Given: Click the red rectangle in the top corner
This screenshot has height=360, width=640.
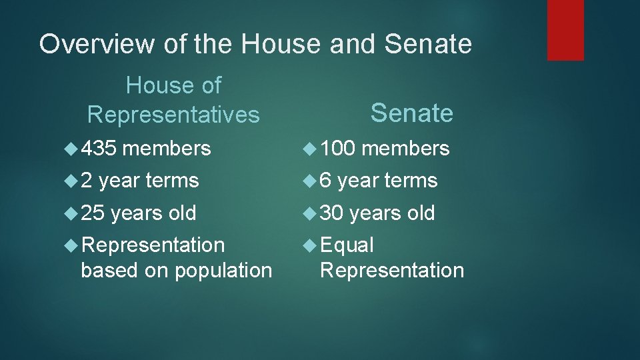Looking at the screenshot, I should click(x=565, y=30).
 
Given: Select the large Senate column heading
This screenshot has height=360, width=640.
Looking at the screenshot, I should click(x=411, y=113).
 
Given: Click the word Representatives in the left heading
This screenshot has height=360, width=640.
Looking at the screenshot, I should click(x=173, y=115).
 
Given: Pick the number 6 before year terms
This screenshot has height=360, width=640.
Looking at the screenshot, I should click(x=327, y=181).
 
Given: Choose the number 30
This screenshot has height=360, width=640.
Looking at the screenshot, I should click(x=332, y=213).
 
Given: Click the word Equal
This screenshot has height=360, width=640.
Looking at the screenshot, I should click(x=347, y=245).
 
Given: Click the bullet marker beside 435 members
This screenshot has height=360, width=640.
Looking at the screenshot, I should click(x=72, y=149).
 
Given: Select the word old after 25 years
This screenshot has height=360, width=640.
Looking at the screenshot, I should click(x=182, y=213).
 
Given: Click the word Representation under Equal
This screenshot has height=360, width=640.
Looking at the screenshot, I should click(x=392, y=271).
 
